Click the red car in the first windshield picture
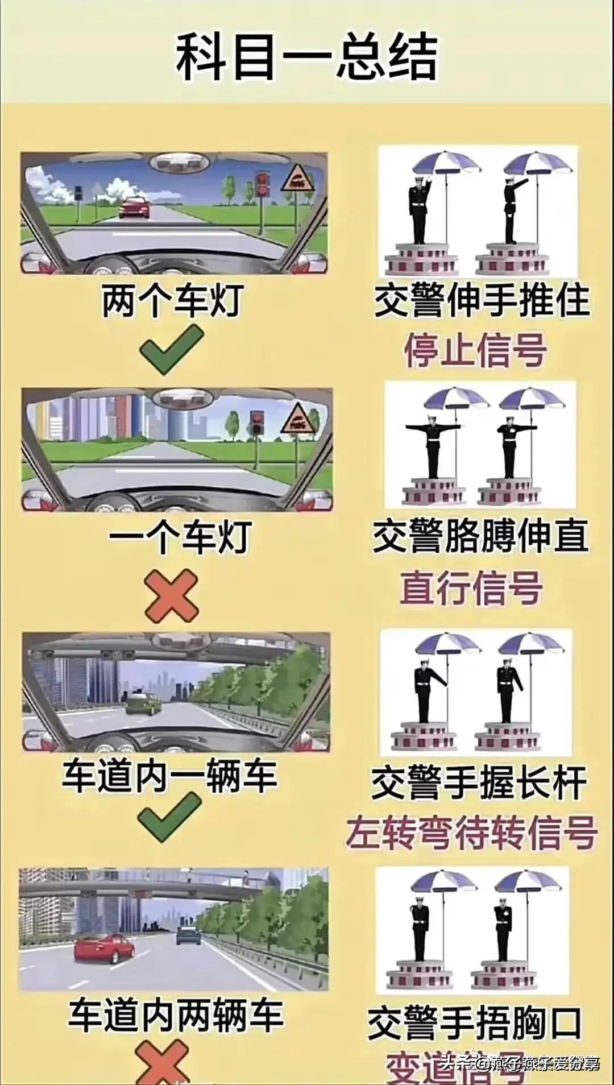135,208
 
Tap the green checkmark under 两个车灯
173,349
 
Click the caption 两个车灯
173,301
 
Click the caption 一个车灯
180,537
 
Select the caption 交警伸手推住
481,301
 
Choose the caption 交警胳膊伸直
481,537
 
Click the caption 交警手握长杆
479,783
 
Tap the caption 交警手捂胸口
475,1024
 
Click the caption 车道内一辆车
169,776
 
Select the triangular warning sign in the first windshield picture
298,179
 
